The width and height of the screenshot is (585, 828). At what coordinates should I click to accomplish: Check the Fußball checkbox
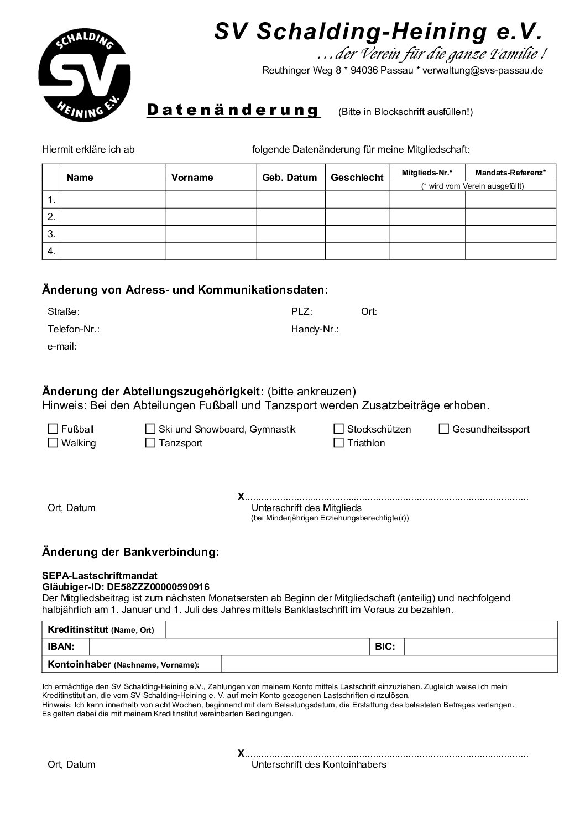click(x=53, y=429)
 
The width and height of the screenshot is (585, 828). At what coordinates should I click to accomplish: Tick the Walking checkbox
click(x=53, y=442)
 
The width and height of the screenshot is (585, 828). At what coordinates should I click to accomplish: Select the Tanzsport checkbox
click(x=150, y=442)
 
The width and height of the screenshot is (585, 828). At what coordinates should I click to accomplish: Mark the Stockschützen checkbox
click(x=339, y=429)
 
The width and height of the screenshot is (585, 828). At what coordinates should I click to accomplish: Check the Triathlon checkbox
click(x=339, y=442)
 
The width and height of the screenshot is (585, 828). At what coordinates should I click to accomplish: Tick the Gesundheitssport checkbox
click(x=444, y=429)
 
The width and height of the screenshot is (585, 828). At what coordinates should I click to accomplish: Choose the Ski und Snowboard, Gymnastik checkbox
click(x=150, y=429)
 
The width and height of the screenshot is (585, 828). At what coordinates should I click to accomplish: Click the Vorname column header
click(x=192, y=178)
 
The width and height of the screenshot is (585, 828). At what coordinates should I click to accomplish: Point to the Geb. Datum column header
click(x=290, y=178)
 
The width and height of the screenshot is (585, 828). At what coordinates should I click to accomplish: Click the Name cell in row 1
click(x=113, y=199)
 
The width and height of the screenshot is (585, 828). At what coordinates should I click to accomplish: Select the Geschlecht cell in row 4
click(x=357, y=251)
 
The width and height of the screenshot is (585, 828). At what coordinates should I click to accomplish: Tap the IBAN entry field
click(x=229, y=647)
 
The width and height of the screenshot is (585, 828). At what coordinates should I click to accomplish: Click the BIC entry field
click(x=480, y=647)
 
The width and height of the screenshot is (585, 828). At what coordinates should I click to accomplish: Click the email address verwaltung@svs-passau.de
click(x=483, y=70)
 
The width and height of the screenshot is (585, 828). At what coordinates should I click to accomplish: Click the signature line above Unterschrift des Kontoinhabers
click(x=386, y=754)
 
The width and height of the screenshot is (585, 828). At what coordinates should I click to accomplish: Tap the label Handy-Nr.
click(x=315, y=329)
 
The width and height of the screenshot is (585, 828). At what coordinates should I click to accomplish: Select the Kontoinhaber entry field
click(x=389, y=664)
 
